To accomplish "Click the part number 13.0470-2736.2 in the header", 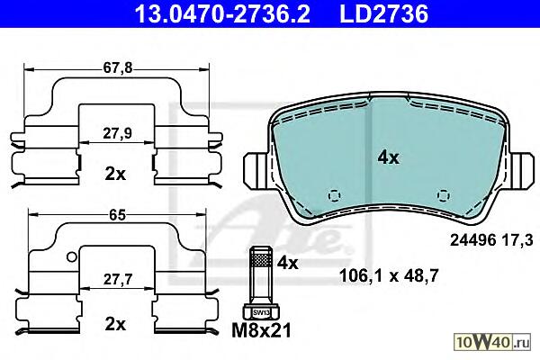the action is pos(222,13).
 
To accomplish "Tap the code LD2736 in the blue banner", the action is pos(384,13).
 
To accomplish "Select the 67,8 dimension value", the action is pos(118,68).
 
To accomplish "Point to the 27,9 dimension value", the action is pos(117,133).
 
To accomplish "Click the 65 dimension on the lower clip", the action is pos(117,215).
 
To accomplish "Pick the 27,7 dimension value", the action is pos(118,279).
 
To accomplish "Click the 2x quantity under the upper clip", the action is pos(115,175).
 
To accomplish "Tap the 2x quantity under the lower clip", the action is pos(115,324).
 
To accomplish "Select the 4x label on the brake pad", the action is pos(388,157).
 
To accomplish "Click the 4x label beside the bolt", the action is pos(288,264).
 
